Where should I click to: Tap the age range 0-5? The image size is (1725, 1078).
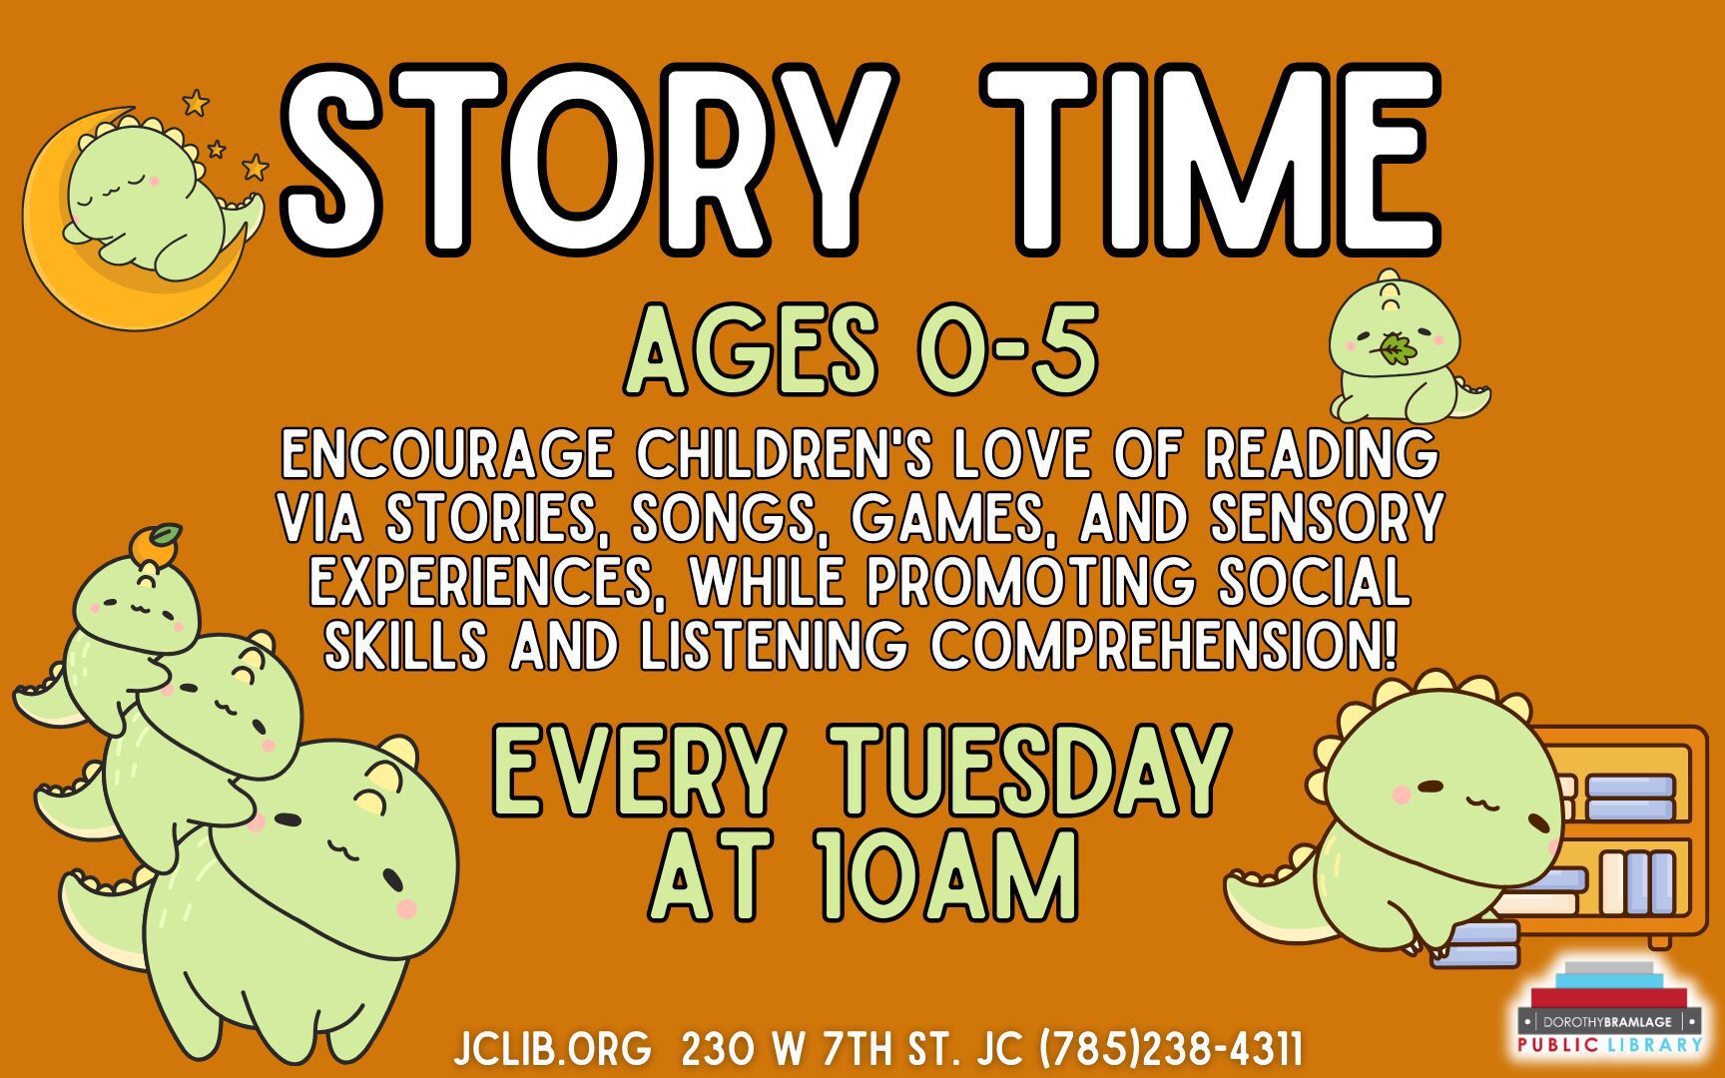(1008, 351)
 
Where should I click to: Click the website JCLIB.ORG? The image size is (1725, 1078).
(552, 1049)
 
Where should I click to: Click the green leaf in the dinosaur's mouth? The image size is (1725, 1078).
(1395, 349)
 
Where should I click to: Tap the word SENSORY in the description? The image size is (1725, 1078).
(1328, 517)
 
